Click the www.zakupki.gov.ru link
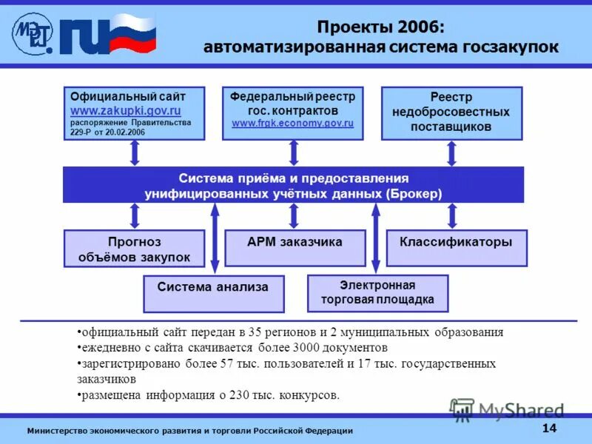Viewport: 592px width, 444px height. tap(125, 110)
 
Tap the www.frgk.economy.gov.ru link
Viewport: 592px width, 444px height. tap(292, 122)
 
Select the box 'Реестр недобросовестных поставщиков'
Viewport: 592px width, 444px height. tap(451, 112)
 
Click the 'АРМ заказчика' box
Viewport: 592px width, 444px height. tap(295, 247)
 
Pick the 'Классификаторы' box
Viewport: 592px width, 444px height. tap(456, 247)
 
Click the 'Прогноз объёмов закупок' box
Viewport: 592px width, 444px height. tap(134, 249)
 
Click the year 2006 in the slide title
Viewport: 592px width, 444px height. tap(417, 27)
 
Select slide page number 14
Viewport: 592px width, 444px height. tap(549, 428)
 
